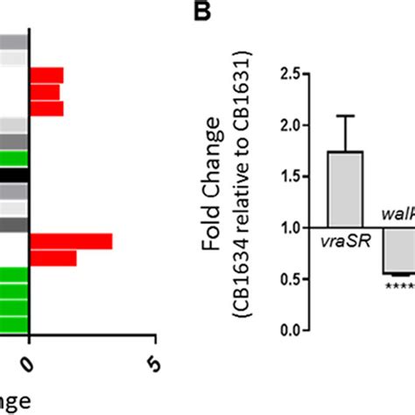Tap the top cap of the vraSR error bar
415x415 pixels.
pos(347,116)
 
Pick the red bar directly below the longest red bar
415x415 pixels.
pos(53,258)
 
